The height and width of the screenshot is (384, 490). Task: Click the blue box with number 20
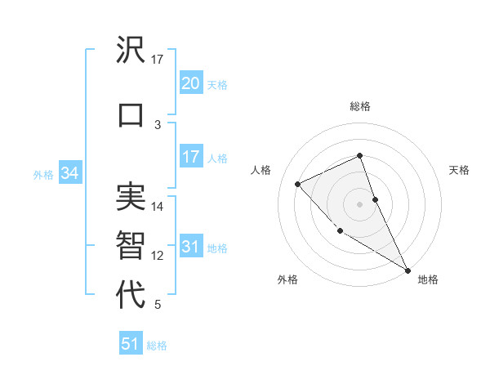(191, 83)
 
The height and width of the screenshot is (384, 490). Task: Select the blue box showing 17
(191, 157)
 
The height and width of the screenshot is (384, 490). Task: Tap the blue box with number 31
(191, 247)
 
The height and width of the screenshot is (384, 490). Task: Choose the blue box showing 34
(69, 173)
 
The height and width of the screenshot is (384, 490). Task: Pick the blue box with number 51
(131, 344)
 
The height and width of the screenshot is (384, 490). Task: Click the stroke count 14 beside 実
(158, 207)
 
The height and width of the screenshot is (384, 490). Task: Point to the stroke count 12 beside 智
(158, 256)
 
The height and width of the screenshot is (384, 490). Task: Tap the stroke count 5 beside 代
(158, 305)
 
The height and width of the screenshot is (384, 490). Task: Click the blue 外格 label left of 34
(43, 175)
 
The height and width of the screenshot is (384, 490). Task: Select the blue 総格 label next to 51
(157, 346)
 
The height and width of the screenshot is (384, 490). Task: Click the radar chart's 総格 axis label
(359, 106)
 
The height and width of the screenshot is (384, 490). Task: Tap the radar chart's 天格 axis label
(459, 170)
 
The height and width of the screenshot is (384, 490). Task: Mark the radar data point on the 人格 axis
(298, 184)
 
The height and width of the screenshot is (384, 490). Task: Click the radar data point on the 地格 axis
(408, 270)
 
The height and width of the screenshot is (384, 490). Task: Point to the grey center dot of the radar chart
(359, 203)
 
